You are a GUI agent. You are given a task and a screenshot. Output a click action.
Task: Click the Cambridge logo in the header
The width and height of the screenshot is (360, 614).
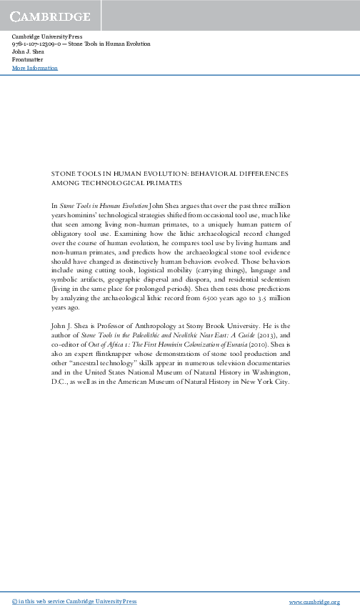pyautogui.click(x=49, y=16)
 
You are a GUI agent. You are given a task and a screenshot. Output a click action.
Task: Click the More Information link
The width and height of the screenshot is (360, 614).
pyautogui.click(x=35, y=68)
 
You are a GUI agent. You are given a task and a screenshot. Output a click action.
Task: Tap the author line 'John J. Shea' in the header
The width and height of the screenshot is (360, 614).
pyautogui.click(x=29, y=51)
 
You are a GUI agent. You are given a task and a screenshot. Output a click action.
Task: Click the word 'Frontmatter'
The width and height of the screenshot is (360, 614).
pyautogui.click(x=28, y=59)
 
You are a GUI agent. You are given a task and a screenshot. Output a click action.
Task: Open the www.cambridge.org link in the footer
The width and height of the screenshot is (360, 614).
pyautogui.click(x=319, y=603)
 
